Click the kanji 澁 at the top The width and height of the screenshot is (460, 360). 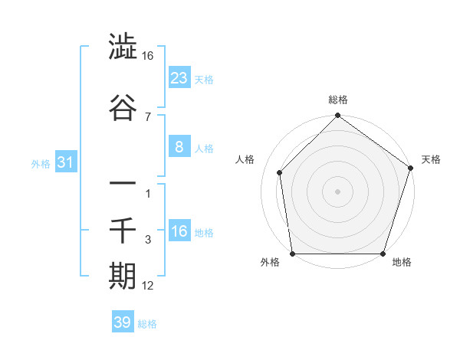pos(123,47)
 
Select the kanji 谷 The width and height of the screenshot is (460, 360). pos(123,109)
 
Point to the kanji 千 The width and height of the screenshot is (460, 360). pos(123,229)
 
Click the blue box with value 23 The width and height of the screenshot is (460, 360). pos(179,77)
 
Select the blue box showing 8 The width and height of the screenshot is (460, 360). pos(179,148)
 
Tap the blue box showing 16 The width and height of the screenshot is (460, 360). pos(179,232)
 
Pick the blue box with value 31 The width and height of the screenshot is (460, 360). pos(66,162)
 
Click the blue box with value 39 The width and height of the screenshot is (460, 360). pos(123,322)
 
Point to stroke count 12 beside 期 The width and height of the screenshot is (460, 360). pos(148,286)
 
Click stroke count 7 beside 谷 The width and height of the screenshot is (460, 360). pos(147,116)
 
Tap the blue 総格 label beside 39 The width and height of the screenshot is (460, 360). pos(147,324)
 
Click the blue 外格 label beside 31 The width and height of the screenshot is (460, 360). pos(41,163)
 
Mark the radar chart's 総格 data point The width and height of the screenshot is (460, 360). pos(337,116)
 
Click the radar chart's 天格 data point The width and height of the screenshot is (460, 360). pos(410,169)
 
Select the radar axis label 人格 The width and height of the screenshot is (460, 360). pos(245,159)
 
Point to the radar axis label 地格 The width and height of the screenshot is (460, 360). pos(402,263)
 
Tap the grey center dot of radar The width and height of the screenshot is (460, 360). pos(337,191)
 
